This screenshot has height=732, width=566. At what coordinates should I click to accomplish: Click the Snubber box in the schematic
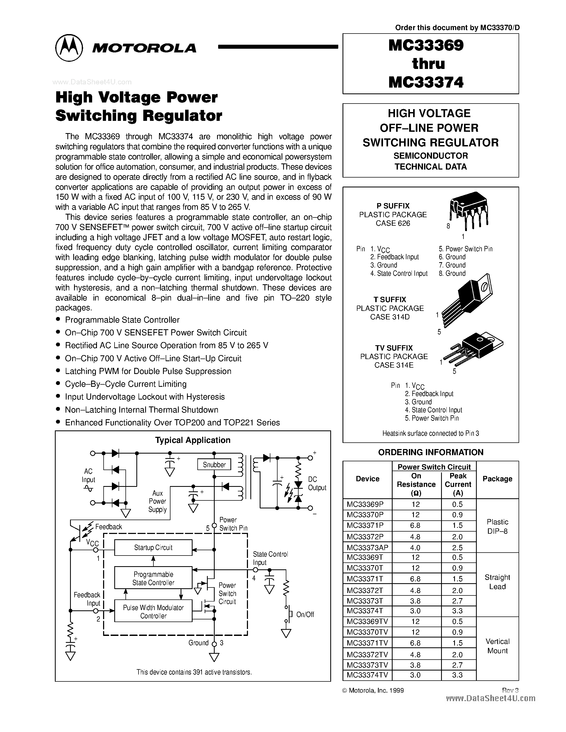[x=214, y=464]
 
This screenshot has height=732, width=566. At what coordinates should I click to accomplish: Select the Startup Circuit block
[x=153, y=548]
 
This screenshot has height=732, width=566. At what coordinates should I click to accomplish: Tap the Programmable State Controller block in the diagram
[x=153, y=578]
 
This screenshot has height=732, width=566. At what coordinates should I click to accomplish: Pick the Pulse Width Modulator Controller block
[x=153, y=612]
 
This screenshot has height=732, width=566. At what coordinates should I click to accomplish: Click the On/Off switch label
[x=305, y=614]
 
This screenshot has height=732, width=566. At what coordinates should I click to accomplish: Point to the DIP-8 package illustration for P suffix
[x=469, y=209]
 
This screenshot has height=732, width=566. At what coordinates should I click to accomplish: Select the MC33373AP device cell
[x=367, y=548]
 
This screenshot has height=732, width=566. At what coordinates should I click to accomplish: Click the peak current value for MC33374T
[x=457, y=611]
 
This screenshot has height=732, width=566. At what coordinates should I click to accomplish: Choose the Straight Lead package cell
[x=497, y=582]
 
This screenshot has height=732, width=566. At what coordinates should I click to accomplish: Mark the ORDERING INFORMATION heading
[x=430, y=452]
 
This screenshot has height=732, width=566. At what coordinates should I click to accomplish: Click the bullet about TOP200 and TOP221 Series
[x=172, y=423]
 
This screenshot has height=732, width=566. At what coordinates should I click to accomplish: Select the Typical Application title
[x=193, y=440]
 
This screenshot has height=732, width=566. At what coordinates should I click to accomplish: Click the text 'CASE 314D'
[x=390, y=317]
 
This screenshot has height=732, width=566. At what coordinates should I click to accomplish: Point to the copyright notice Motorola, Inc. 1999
[x=373, y=690]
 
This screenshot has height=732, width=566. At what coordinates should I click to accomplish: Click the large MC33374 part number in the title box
[x=426, y=82]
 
